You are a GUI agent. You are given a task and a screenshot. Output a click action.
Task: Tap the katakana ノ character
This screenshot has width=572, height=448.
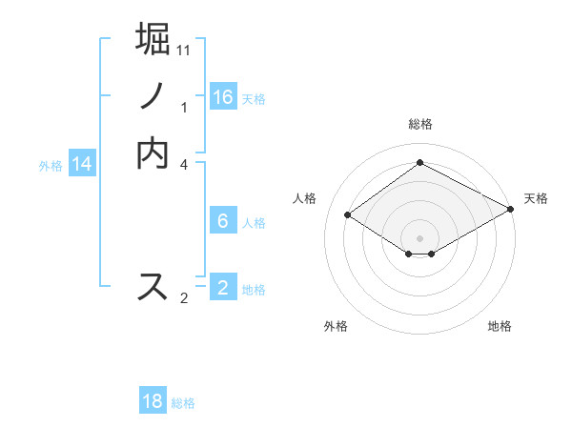(x=153, y=95)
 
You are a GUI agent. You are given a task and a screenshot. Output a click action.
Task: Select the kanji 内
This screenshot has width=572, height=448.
(x=153, y=153)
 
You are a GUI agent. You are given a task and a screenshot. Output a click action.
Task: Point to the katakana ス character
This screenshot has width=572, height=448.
(x=153, y=286)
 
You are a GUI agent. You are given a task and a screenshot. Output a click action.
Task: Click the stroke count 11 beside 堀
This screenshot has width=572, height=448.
(x=184, y=50)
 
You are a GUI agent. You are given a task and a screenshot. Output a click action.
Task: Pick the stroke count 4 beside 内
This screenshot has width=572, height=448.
(x=184, y=165)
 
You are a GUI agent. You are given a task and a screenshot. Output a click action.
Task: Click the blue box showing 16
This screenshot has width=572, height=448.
(x=223, y=97)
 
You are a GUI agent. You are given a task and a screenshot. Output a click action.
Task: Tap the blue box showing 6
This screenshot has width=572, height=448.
(x=223, y=221)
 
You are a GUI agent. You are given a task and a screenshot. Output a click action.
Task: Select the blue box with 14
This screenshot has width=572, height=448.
(x=82, y=164)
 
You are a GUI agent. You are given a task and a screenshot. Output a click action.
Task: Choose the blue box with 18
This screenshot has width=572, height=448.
(x=153, y=401)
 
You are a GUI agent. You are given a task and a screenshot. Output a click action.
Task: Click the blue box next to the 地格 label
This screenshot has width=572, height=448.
(x=223, y=288)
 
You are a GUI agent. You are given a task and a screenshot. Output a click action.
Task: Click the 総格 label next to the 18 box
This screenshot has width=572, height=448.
(x=183, y=403)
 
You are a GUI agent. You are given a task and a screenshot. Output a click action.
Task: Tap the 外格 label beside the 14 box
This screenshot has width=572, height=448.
(x=51, y=166)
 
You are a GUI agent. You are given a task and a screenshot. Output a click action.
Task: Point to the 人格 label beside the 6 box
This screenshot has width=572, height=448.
(x=254, y=223)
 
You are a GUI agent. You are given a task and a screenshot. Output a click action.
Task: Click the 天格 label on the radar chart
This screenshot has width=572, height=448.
(x=536, y=198)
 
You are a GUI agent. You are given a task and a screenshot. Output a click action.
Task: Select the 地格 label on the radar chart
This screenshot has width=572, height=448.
(x=500, y=326)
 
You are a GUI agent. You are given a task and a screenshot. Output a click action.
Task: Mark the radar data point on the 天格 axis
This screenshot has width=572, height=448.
(x=510, y=210)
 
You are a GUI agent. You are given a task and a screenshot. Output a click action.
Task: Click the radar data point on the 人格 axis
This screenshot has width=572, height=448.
(x=348, y=215)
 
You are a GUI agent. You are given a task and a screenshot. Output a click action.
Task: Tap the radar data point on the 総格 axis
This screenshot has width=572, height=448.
(x=419, y=163)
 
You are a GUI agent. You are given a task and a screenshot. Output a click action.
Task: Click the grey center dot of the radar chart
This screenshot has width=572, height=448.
(x=419, y=238)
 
